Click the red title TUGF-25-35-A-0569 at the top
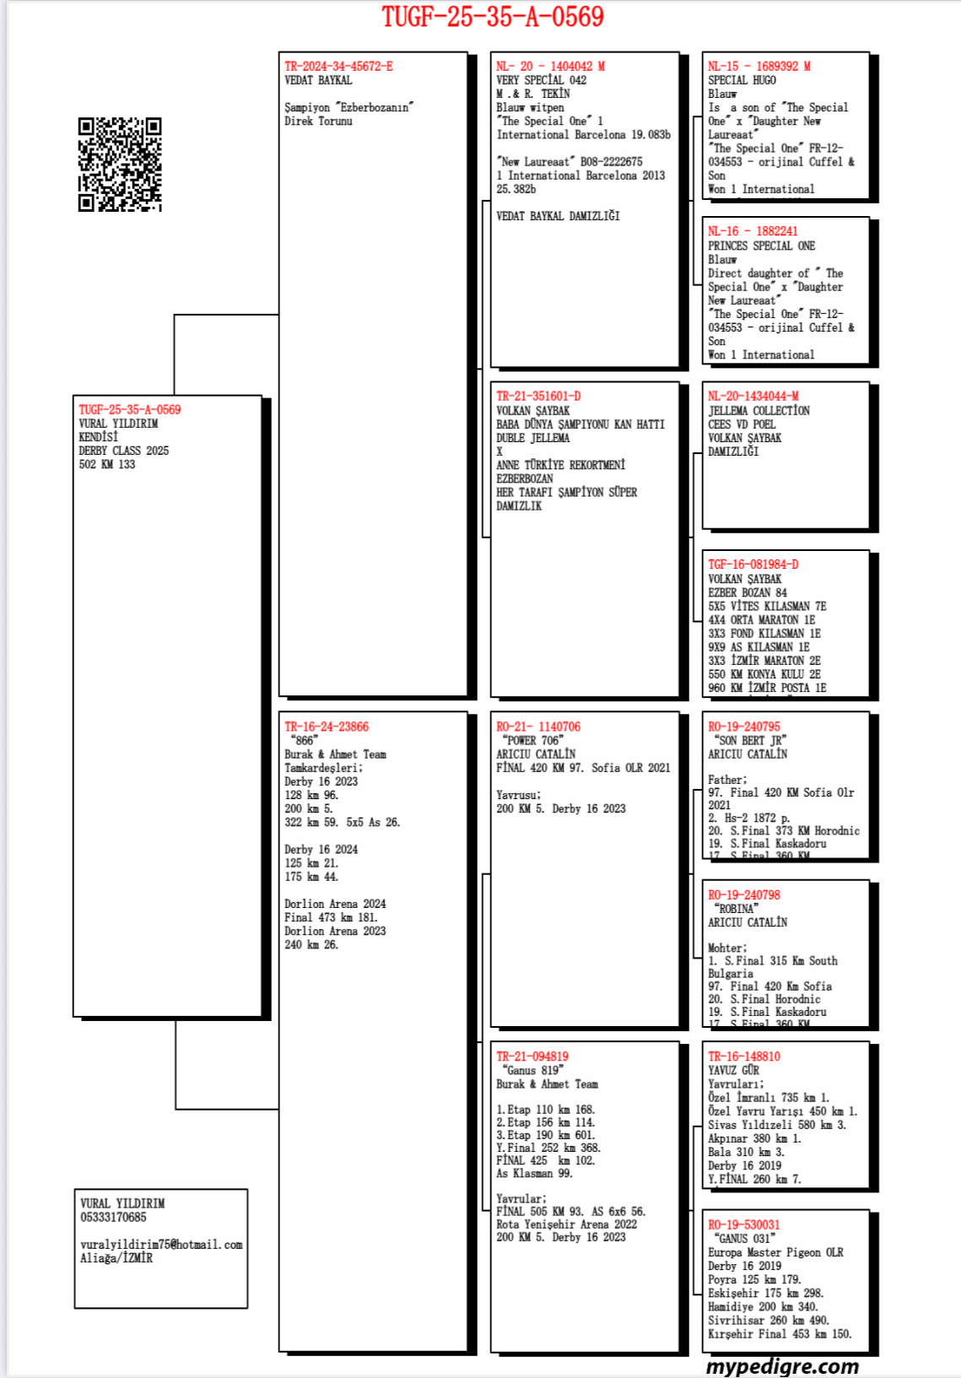493,17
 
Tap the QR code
120,164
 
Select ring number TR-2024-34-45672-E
338,66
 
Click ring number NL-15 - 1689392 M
759,66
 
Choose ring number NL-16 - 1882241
753,231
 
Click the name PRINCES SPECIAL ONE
761,246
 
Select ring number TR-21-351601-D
538,396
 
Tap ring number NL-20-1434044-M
753,396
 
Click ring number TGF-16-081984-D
753,565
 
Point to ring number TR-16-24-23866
327,727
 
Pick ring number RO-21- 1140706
538,727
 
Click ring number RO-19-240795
744,727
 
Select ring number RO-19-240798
744,894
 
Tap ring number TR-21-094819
532,1056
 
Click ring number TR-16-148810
744,1056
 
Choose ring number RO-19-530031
744,1224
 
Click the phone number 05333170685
113,1217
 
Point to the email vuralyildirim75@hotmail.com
161,1245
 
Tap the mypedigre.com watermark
782,1366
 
